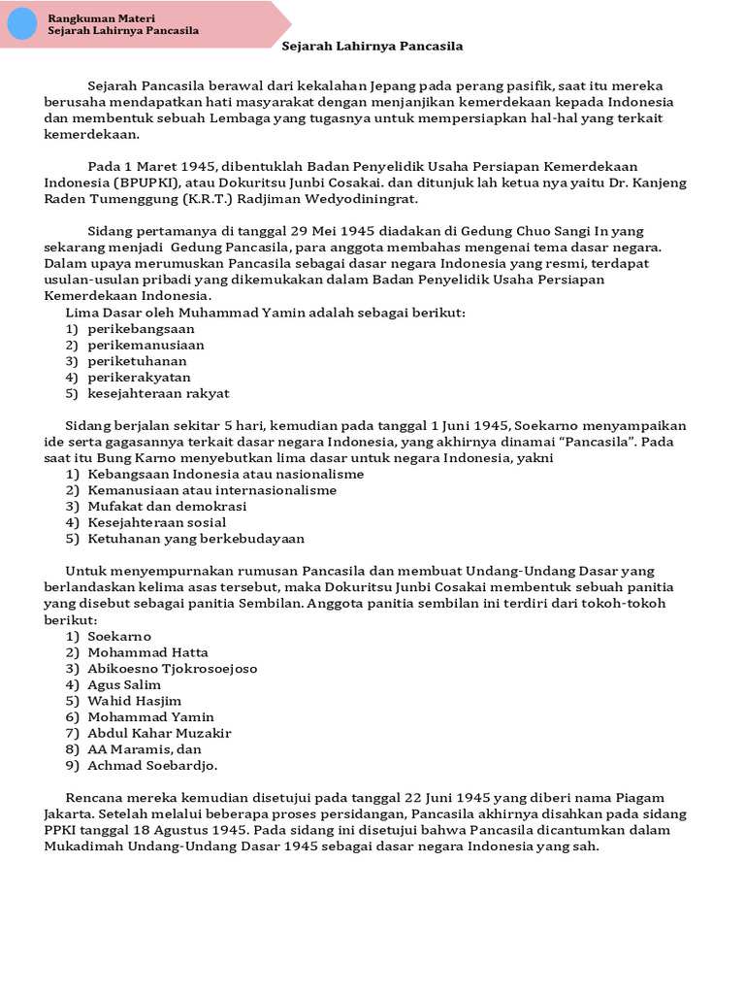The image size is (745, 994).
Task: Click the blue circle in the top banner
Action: tap(21, 24)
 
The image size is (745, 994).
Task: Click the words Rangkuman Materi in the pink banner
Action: tap(101, 18)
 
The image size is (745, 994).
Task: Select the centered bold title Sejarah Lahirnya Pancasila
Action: tap(372, 46)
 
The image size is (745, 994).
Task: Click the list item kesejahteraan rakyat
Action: tap(158, 393)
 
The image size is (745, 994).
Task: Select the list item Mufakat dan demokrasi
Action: tap(167, 506)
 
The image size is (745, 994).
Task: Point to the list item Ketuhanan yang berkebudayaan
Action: tap(196, 538)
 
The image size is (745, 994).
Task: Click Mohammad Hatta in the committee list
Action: tap(147, 652)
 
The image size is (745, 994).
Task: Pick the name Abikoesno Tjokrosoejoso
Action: tap(172, 668)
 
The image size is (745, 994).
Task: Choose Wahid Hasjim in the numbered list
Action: tap(134, 701)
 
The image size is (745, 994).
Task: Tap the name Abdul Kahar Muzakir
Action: tap(159, 733)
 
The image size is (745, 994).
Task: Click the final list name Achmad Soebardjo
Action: tap(152, 766)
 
